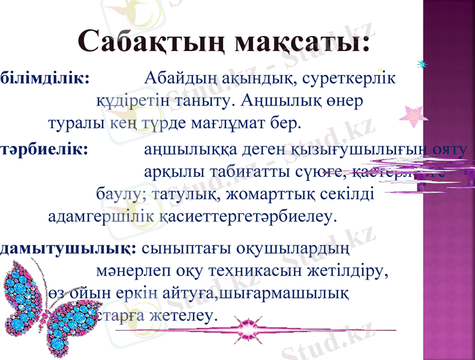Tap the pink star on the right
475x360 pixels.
tap(412, 115)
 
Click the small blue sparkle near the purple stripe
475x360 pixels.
tap(424, 64)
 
